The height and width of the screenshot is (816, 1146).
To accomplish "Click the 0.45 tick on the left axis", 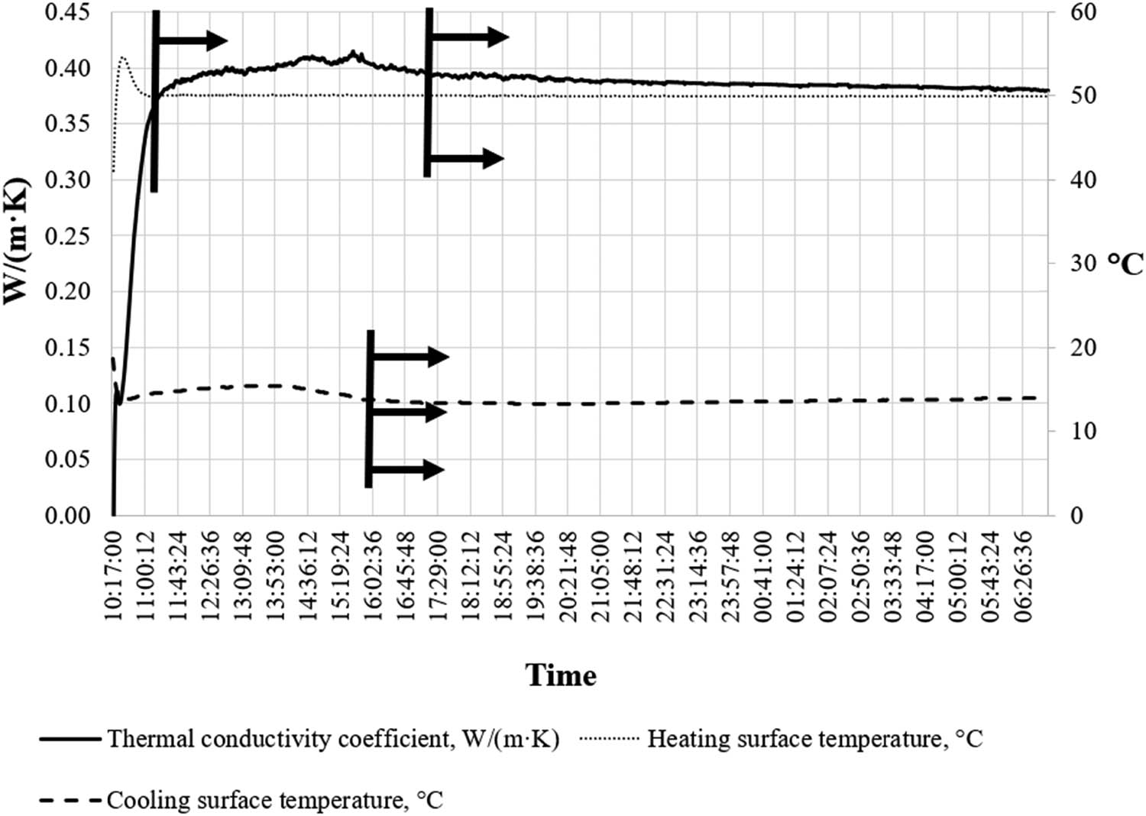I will pos(68,13).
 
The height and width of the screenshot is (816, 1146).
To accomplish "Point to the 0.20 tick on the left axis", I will pos(68,292).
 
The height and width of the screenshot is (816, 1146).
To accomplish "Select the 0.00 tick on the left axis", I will pos(68,516).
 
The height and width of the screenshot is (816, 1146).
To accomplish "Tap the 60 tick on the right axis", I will pos(1081,13).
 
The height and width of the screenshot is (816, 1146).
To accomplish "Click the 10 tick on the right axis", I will pos(1081,432).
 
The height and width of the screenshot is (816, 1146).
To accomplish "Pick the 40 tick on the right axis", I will pos(1081,180).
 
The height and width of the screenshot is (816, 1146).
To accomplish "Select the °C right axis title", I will pos(1125,264).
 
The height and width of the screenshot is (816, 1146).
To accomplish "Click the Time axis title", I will pos(561,675).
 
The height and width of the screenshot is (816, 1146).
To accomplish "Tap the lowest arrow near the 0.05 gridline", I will pos(409,470).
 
